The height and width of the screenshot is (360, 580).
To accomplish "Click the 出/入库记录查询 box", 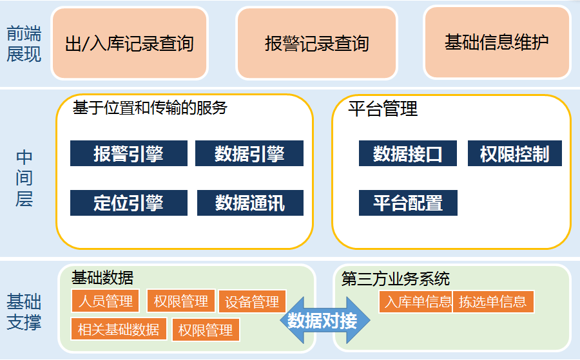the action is (130, 43).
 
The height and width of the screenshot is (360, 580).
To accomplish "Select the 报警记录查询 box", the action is (316, 43).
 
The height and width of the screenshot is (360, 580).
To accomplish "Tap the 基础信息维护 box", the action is (497, 42).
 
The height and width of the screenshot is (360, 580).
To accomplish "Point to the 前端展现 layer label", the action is (24, 44).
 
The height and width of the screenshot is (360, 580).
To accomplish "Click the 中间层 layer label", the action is (24, 178).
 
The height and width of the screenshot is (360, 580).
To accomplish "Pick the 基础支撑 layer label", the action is (24, 312).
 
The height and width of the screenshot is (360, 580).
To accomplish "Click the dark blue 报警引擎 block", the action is (129, 153).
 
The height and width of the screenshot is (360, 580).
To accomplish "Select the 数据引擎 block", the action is (249, 153).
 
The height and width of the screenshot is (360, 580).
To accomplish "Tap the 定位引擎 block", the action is (129, 203).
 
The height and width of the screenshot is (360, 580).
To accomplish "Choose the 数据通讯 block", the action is (251, 203).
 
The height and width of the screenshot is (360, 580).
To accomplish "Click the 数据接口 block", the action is (408, 153).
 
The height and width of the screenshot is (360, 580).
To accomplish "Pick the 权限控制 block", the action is (514, 153).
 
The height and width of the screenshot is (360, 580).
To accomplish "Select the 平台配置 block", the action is (408, 203).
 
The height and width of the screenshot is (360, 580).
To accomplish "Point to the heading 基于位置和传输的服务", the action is (150, 108).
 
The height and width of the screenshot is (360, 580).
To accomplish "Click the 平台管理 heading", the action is (383, 109).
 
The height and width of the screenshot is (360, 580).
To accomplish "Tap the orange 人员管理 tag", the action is (106, 301).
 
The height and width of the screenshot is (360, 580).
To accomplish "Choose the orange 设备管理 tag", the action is (252, 301).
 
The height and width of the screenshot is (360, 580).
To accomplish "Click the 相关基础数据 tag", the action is (119, 329).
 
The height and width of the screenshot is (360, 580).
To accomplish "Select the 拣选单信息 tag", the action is (493, 301).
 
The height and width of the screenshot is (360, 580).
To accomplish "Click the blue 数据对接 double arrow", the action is (325, 320).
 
